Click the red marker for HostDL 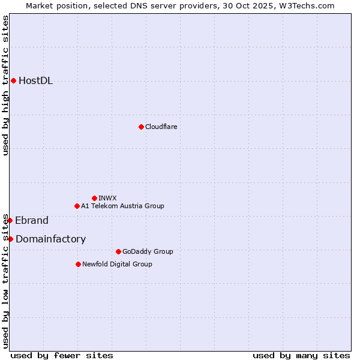coord(13,80)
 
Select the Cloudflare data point coord(141,127)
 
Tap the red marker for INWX coord(94,198)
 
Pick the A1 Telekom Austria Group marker coord(77,206)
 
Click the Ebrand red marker coord(10,220)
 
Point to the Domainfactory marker coord(10,239)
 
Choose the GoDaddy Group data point coord(118,251)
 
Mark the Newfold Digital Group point coord(78,264)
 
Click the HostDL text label coord(35,81)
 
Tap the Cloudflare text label coord(161,127)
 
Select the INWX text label coord(107,198)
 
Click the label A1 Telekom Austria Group coord(122,206)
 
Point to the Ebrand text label coord(32,220)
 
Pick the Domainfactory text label coord(50,239)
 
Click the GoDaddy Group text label coord(148,251)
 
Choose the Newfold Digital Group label coord(117,264)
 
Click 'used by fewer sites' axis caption coord(62,355)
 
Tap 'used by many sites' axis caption coord(301,355)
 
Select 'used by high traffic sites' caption coord(5,85)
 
